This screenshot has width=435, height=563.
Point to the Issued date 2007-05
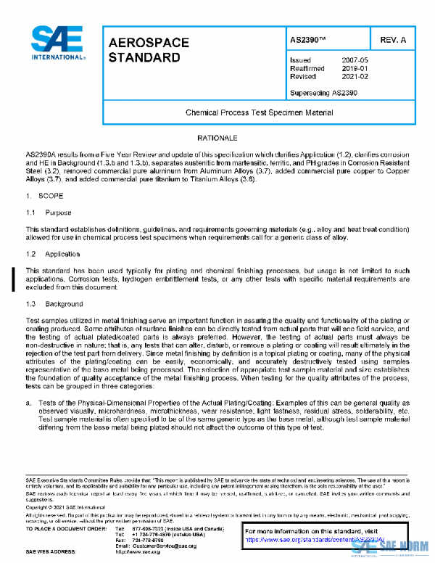coord(354,59)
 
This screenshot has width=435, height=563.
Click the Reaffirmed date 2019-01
coord(354,67)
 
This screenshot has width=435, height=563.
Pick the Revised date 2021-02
coord(354,75)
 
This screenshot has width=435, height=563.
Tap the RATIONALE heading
coord(217,137)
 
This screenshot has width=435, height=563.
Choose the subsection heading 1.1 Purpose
coord(47,213)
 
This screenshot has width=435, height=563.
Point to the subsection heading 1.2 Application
coord(51,255)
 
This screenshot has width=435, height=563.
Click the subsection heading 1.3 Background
coord(52,305)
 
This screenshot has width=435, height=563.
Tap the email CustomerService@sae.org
coord(165,545)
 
